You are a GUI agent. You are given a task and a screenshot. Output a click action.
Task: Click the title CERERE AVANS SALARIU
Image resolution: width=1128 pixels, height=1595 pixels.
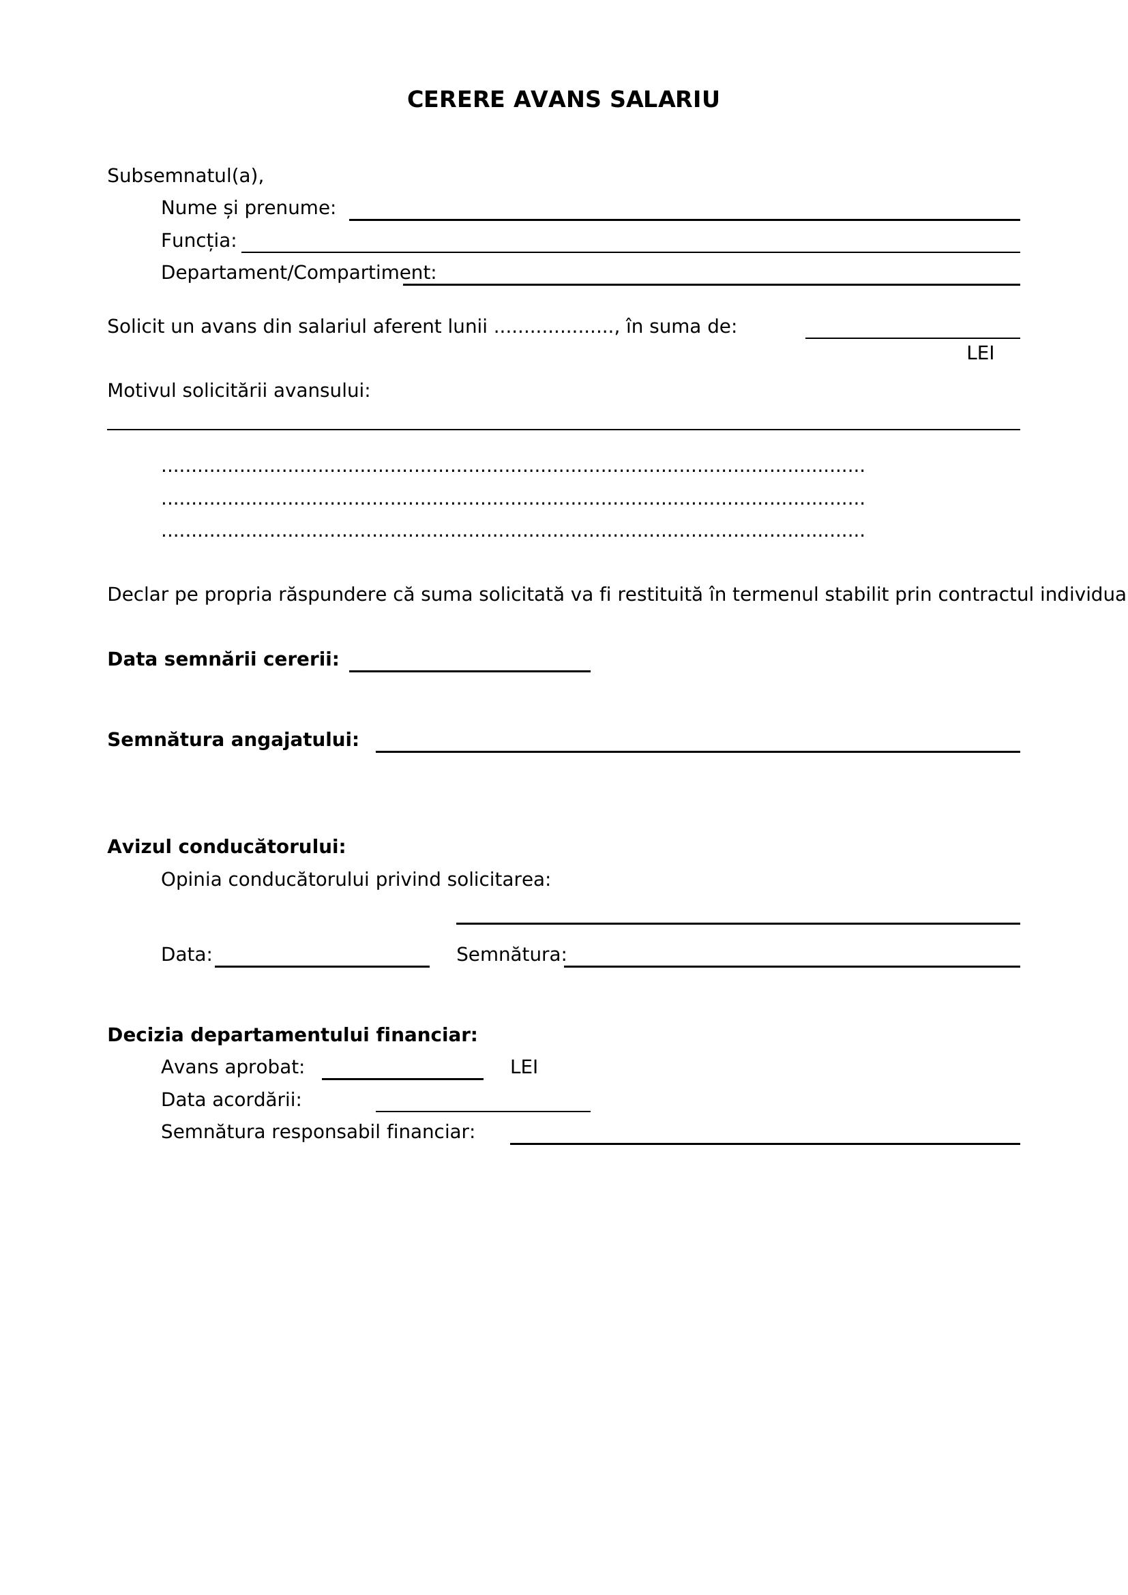tap(563, 100)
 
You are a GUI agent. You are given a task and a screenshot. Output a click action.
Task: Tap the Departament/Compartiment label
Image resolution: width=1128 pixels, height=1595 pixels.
tap(298, 273)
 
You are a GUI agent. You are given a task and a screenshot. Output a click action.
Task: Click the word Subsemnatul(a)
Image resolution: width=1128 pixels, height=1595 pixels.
tap(185, 176)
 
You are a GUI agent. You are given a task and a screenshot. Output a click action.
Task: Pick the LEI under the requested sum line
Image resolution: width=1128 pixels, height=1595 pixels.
tap(980, 354)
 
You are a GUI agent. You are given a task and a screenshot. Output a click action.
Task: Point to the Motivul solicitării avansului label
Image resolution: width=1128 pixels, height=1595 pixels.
tap(238, 391)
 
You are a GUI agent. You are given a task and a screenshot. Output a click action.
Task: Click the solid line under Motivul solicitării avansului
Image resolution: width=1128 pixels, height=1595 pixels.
tap(563, 429)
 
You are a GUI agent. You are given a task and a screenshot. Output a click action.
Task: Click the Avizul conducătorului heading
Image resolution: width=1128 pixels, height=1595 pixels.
tap(226, 847)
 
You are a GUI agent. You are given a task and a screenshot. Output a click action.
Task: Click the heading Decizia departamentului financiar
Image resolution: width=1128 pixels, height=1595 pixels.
tap(293, 1035)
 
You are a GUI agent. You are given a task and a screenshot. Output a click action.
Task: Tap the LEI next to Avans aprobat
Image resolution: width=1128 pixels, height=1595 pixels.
tap(524, 1067)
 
